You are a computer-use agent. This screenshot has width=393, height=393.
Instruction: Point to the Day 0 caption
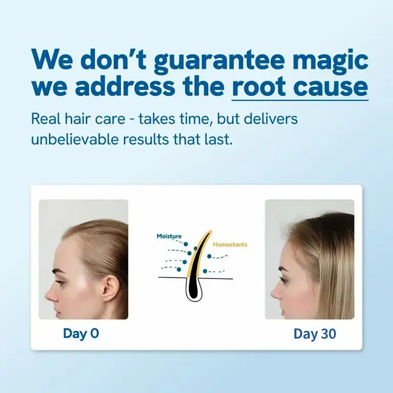coord(81,334)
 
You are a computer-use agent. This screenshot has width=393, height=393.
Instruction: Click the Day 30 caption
coord(315,334)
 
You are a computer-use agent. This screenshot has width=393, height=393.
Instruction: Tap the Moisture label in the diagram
coord(169,236)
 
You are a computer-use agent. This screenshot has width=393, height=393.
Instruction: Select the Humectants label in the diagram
coord(230,245)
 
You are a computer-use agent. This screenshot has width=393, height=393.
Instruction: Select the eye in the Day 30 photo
coord(284,280)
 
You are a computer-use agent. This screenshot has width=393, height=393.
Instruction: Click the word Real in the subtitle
coord(44,119)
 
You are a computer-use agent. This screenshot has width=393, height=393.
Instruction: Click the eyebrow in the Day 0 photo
coord(60,271)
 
